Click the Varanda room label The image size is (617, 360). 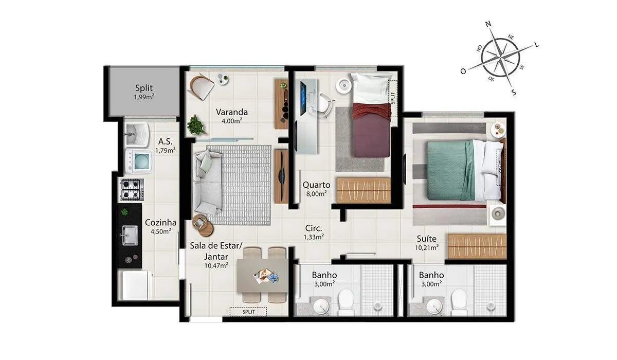[232, 112]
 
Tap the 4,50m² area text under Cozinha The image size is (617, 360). [161, 231]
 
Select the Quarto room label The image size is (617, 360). [316, 185]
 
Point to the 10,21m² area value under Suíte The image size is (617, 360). [427, 247]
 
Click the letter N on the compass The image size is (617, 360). [488, 24]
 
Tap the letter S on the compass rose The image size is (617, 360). [514, 92]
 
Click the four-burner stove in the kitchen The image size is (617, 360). [132, 189]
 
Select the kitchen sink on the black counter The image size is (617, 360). [130, 235]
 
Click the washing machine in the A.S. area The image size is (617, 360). [138, 161]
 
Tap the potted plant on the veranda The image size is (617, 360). [196, 125]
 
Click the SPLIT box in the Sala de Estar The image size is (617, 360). [248, 312]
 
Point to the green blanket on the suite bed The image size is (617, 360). [450, 171]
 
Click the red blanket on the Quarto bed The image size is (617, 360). [372, 110]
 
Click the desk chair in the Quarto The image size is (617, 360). [323, 105]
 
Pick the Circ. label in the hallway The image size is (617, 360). [314, 228]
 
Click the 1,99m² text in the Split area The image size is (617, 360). [144, 97]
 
